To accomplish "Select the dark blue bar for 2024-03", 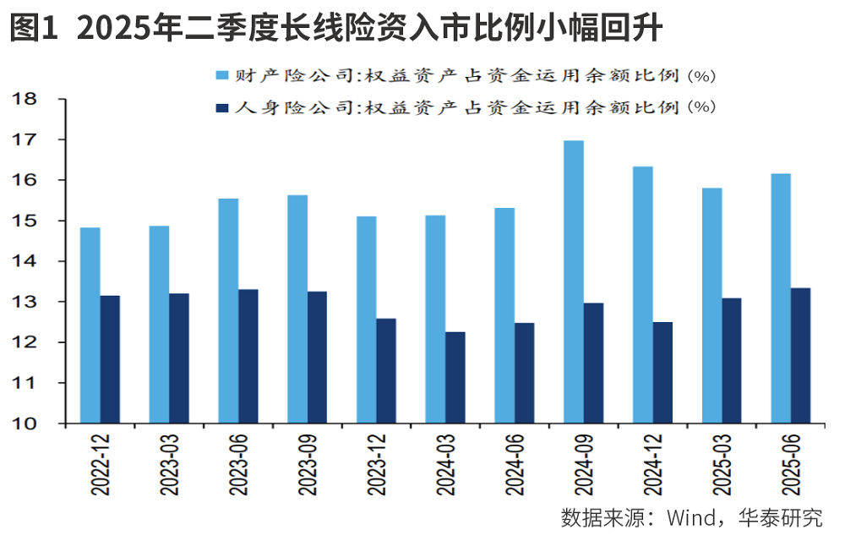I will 455,377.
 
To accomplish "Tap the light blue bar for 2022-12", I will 90,325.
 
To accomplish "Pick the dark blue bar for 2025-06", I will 800,355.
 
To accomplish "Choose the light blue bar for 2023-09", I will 297,309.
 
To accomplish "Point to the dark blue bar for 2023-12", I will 385,370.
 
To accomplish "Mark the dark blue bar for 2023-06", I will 248,356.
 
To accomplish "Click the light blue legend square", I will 223,76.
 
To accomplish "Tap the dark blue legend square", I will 223,107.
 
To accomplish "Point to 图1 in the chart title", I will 33,30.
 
